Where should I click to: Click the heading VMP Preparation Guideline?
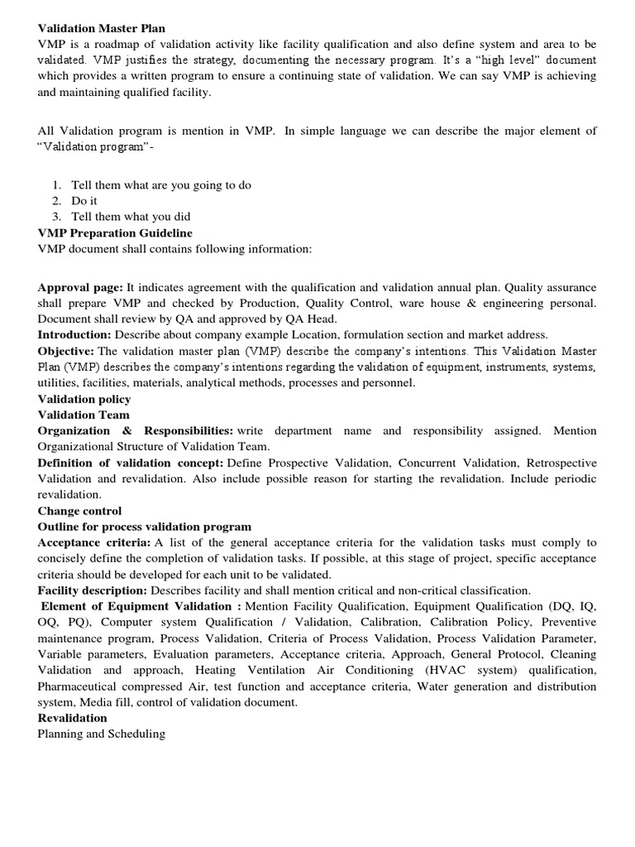115,233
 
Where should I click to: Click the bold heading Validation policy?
84,399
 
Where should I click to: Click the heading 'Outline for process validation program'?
145,526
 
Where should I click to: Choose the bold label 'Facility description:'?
93,590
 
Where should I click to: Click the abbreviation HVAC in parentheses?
434,670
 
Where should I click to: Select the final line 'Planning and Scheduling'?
102,734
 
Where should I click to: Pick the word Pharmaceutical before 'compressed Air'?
81,686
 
